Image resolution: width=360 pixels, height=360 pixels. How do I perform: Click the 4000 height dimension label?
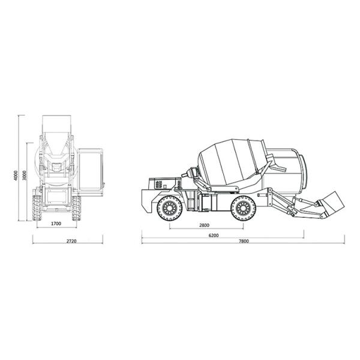[16, 175]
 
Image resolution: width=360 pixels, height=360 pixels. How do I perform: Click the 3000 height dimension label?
[25, 175]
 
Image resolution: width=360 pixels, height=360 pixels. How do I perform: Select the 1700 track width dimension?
[56, 224]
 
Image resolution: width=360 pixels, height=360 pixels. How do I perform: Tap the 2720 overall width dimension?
[71, 241]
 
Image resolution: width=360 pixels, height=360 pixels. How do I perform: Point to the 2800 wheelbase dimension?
[204, 225]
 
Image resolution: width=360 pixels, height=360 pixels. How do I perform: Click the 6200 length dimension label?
[214, 235]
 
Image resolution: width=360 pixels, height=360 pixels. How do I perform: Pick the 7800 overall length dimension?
[244, 241]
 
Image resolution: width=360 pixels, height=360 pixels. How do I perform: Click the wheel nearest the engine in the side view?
[170, 208]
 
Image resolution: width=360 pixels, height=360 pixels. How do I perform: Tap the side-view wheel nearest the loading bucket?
[243, 208]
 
